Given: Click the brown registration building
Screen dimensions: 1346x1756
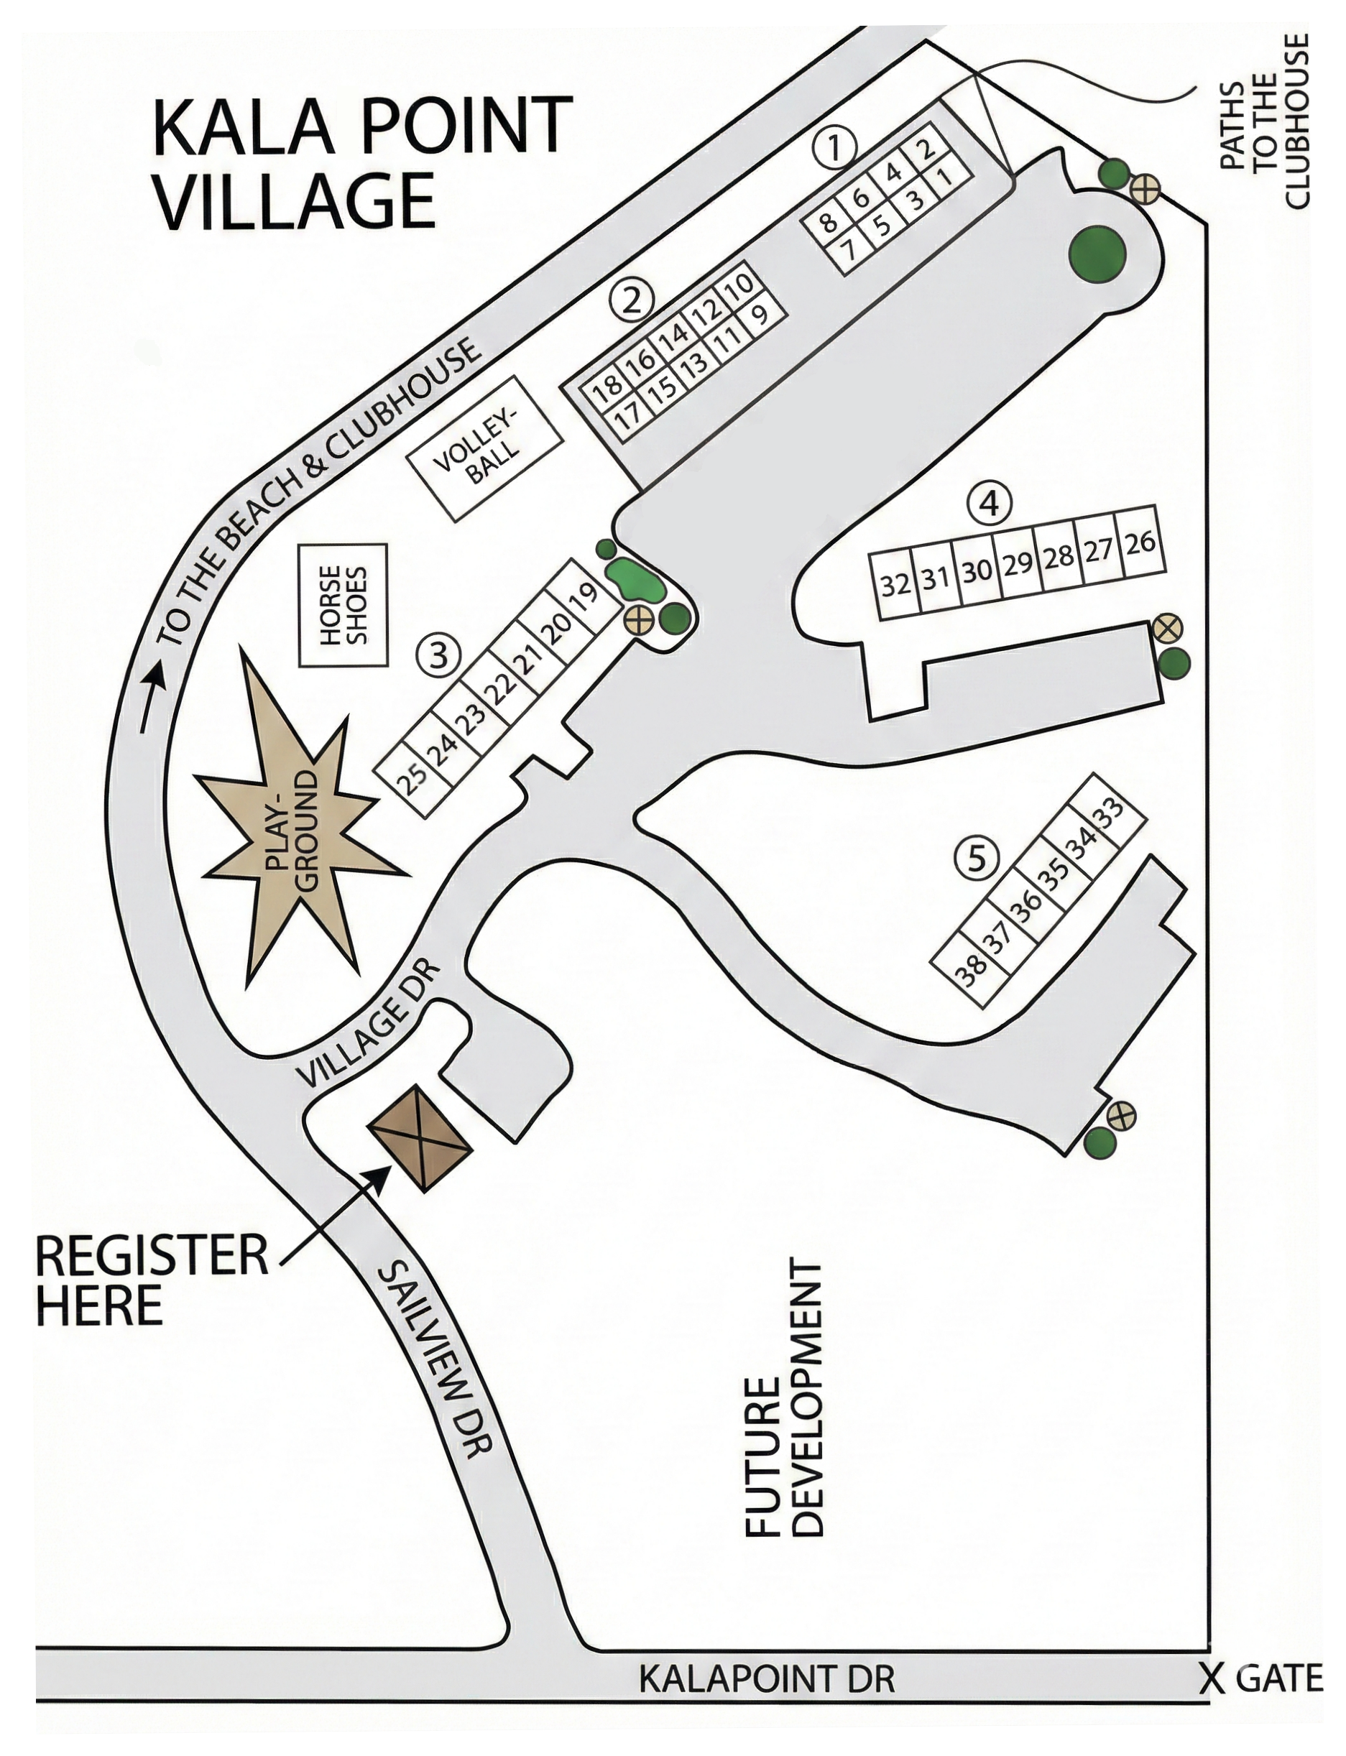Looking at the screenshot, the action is pyautogui.click(x=420, y=1138).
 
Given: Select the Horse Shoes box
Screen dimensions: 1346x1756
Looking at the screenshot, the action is pyautogui.click(x=343, y=605).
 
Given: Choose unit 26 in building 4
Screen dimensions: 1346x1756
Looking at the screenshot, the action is pyautogui.click(x=1140, y=542).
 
